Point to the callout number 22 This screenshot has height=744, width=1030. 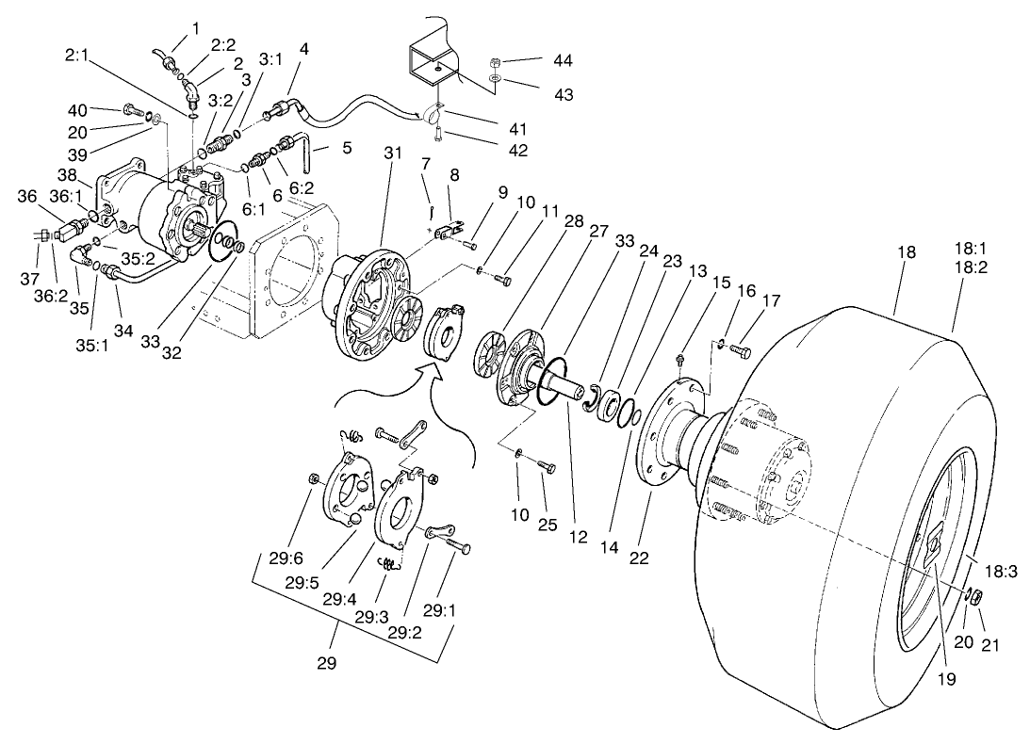coord(640,558)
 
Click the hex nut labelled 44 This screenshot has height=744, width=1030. coord(495,64)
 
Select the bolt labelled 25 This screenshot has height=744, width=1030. coord(545,466)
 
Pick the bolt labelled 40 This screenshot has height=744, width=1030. coord(131,112)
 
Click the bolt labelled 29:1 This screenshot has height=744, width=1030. coord(458,545)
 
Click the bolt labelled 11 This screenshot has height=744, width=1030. coord(504,279)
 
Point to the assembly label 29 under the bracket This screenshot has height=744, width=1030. coord(325,663)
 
